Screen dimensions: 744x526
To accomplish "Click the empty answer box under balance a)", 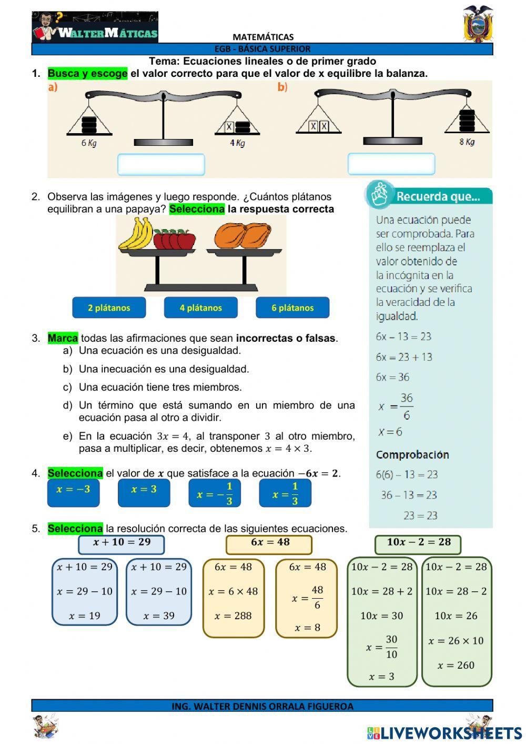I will [x=161, y=165].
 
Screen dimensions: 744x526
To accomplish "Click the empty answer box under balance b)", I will [x=391, y=164].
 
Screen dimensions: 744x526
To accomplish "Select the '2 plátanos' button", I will [x=109, y=307].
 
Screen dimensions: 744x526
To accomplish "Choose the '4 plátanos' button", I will [x=201, y=307].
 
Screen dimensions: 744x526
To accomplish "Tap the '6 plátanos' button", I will [x=292, y=307].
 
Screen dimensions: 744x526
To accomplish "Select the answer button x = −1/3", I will [x=214, y=493].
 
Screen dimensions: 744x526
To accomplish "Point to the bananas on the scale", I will [x=136, y=233].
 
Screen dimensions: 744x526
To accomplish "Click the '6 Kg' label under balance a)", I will [x=89, y=143].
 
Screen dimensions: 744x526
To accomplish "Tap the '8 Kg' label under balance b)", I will [x=467, y=142].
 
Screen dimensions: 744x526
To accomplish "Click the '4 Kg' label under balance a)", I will [x=237, y=143].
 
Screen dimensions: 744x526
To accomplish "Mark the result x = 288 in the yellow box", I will [x=233, y=616].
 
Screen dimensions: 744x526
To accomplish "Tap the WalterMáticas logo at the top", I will [x=95, y=27].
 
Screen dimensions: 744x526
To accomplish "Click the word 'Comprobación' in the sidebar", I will [x=412, y=454].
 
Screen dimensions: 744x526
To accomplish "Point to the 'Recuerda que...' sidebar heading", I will [x=438, y=197].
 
